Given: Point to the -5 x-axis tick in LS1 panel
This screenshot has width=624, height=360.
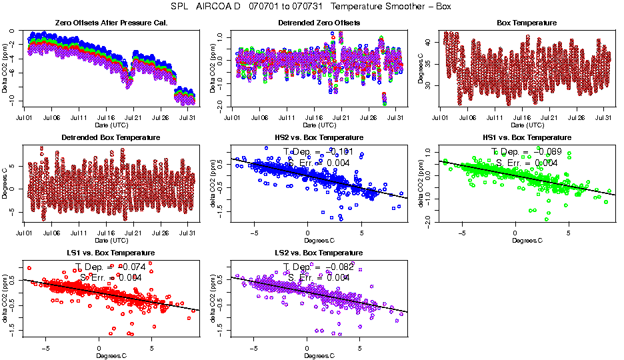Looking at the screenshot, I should coord(45,348).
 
